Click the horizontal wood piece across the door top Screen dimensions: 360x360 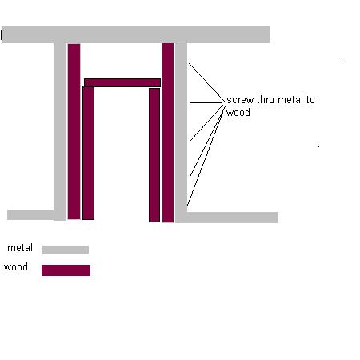click(122, 82)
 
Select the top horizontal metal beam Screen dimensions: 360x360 click(136, 34)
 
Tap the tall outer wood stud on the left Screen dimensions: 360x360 click(74, 131)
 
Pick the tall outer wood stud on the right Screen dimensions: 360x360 click(168, 133)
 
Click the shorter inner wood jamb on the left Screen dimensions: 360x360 click(88, 153)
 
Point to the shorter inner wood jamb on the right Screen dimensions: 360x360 click(154, 155)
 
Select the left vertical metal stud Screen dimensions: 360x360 click(59, 131)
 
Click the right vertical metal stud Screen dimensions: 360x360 click(181, 133)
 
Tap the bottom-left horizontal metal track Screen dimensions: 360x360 click(30, 215)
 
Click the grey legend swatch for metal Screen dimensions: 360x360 click(66, 250)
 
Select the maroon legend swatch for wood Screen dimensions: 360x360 click(66, 270)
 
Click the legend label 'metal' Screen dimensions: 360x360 click(20, 248)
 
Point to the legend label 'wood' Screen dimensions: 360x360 click(16, 267)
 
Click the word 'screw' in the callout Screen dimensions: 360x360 click(240, 100)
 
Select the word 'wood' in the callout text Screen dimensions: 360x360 click(238, 113)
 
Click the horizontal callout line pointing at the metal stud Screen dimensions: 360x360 click(206, 102)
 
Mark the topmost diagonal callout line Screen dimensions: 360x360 click(206, 82)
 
